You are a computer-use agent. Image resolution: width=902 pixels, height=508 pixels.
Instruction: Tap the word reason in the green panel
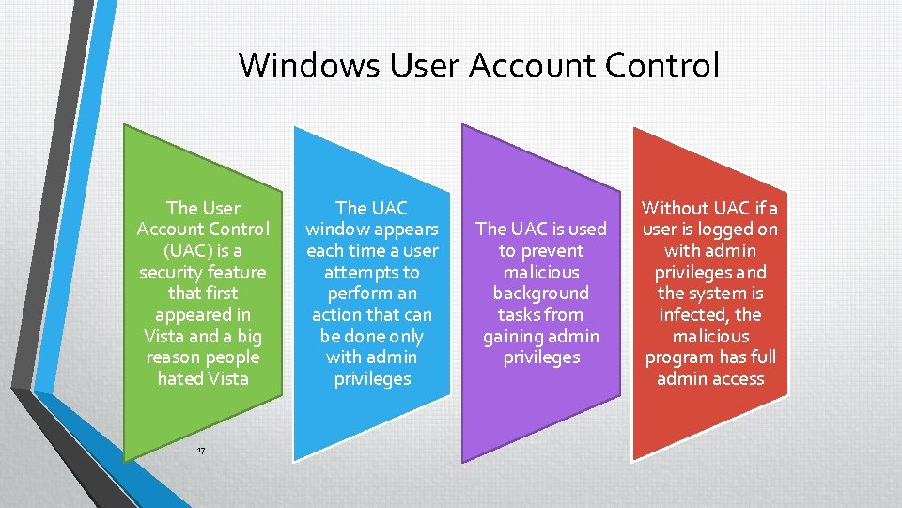click(x=176, y=357)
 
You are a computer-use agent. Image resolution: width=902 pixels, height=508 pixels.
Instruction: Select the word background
click(x=541, y=294)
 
